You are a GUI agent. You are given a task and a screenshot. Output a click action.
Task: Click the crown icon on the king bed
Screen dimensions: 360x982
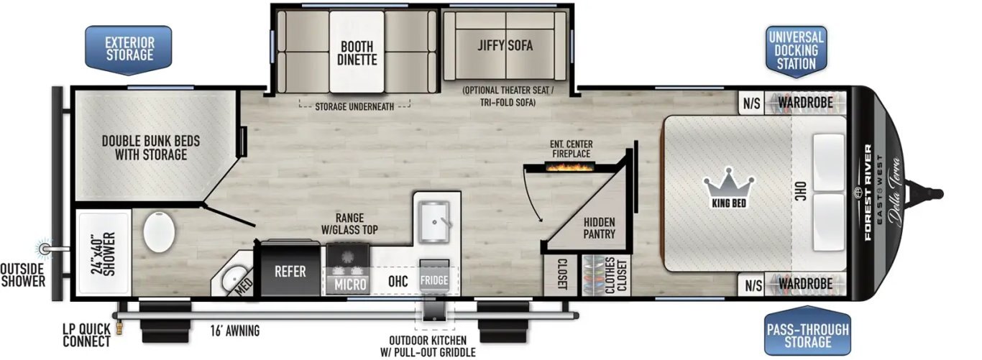(729, 185)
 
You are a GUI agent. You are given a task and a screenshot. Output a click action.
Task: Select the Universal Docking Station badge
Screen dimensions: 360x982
(796, 50)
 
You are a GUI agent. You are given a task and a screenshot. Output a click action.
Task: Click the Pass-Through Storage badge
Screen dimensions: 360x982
(807, 335)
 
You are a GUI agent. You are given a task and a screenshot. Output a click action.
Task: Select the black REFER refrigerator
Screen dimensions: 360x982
(290, 271)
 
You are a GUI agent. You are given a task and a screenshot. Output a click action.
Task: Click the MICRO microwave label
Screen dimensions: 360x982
(350, 285)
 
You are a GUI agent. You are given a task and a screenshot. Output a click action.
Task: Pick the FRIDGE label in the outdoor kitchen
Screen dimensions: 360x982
(434, 280)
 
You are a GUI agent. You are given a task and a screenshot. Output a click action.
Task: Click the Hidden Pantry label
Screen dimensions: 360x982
(599, 228)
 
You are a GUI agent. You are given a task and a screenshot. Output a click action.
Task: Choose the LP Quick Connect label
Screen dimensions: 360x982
(86, 336)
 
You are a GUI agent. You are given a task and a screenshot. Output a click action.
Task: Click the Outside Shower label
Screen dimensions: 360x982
(22, 274)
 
